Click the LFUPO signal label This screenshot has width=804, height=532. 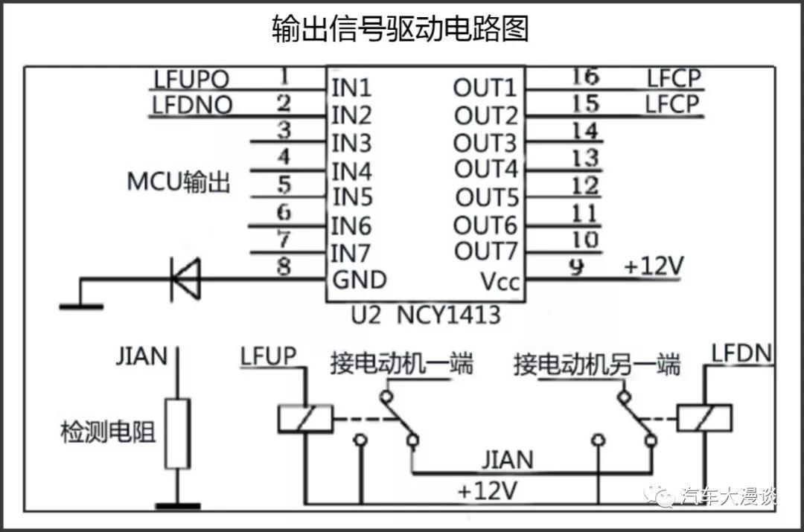[x=191, y=79]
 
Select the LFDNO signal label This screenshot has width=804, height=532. [x=192, y=105]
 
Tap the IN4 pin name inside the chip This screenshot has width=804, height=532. [x=351, y=171]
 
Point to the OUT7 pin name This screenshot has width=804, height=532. [x=485, y=251]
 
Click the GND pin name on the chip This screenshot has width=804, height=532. [x=359, y=280]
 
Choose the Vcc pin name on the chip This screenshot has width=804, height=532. [x=500, y=282]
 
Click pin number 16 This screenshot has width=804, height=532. [x=586, y=77]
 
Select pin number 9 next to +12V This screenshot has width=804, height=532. [x=575, y=266]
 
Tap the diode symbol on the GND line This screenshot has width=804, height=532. [x=185, y=279]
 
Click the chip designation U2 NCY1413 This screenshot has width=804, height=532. [x=425, y=315]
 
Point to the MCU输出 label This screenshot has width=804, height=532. [x=179, y=182]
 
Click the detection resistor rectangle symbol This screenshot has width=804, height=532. [x=177, y=434]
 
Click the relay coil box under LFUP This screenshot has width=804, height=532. [x=304, y=418]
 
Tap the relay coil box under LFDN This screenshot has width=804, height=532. [x=703, y=418]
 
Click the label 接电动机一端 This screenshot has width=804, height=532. [x=402, y=365]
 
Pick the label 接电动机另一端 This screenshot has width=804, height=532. [x=596, y=365]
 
